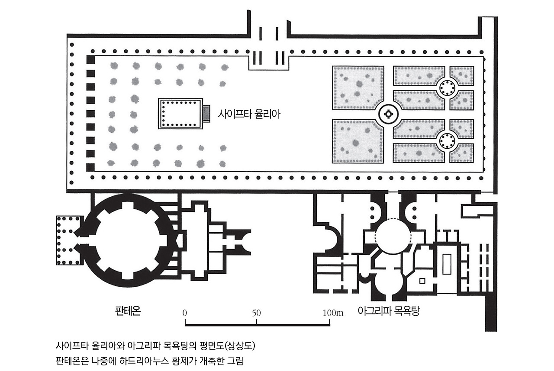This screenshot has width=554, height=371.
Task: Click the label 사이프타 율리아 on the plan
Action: pyautogui.click(x=249, y=115)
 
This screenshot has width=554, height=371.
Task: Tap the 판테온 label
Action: pyautogui.click(x=128, y=311)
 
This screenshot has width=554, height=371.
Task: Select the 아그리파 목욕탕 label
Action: pyautogui.click(x=389, y=311)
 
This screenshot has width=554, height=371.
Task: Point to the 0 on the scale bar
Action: pyautogui.click(x=185, y=313)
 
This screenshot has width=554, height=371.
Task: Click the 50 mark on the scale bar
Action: pyautogui.click(x=257, y=313)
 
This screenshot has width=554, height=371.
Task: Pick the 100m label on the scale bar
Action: pyautogui.click(x=333, y=313)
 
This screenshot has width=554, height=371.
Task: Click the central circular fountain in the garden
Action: pyautogui.click(x=388, y=114)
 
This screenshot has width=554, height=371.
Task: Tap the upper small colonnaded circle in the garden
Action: pyautogui.click(x=447, y=88)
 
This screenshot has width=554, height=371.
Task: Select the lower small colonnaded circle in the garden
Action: pyautogui.click(x=447, y=141)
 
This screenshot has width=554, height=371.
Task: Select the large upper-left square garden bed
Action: pyautogui.click(x=358, y=88)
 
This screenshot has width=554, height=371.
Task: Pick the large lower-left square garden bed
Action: pyautogui.click(x=358, y=141)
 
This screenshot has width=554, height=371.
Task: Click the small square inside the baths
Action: pyautogui.click(x=422, y=281)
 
